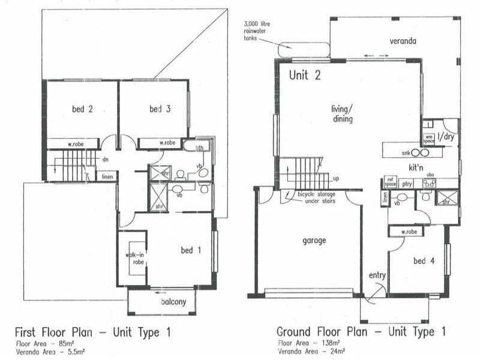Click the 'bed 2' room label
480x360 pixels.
coord(82,109)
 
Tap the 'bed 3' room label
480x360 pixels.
coord(160,109)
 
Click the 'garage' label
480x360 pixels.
coord(314,241)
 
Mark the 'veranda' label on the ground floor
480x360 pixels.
coord(401,41)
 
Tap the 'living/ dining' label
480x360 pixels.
coord(342,114)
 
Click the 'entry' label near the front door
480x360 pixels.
coord(377,275)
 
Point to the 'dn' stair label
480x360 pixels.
coord(105,160)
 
